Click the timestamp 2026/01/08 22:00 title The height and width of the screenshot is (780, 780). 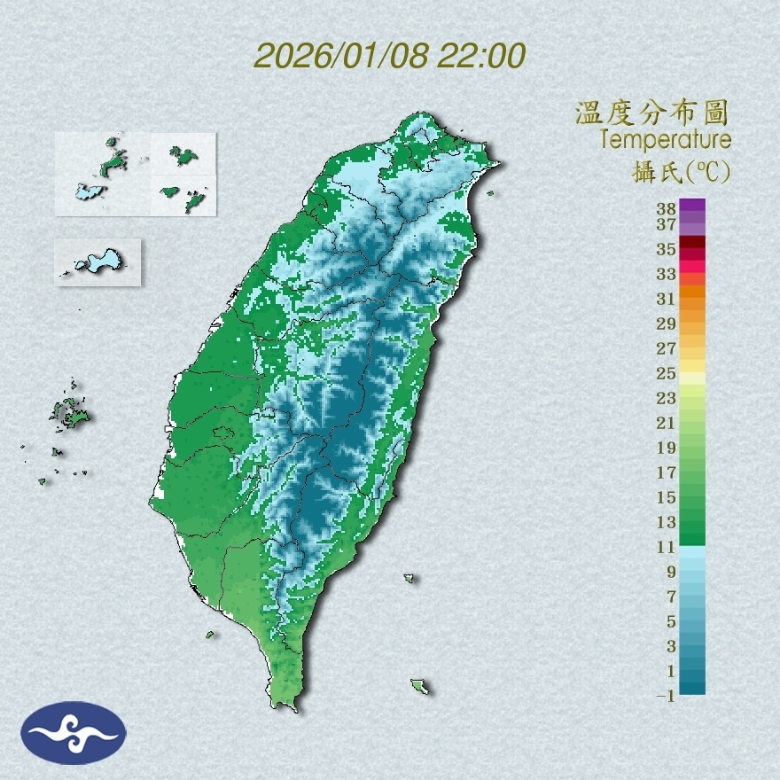coord(390,56)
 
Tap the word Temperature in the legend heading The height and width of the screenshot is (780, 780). coord(665,140)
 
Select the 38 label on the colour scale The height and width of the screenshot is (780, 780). coord(667,209)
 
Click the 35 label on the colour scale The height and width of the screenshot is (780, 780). coord(667,249)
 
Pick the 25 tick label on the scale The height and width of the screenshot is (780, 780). coord(667,373)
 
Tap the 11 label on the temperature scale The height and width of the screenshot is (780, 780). coord(667,547)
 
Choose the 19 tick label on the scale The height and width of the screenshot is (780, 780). coord(667,447)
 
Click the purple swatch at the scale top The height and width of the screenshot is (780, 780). coord(693,205)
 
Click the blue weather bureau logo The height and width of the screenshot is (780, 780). coord(74,732)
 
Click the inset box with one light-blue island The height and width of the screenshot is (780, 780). coord(97,261)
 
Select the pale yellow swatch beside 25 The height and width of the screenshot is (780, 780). coord(693,378)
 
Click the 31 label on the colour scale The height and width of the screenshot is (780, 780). coord(667,299)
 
